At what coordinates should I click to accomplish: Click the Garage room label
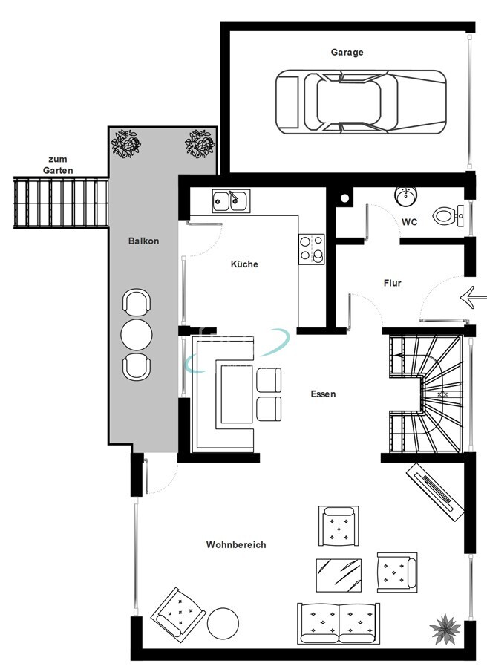(x=347, y=52)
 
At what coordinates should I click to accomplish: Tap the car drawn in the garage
(x=361, y=102)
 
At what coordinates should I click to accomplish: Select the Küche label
(x=244, y=264)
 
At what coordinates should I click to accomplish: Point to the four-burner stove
(x=312, y=249)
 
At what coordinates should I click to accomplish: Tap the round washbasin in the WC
(x=405, y=195)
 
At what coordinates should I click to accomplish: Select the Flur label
(x=392, y=283)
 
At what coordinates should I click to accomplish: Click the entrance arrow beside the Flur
(x=474, y=296)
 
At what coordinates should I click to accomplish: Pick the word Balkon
(x=143, y=241)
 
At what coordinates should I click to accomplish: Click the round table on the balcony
(x=137, y=335)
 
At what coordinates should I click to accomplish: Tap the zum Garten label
(x=58, y=165)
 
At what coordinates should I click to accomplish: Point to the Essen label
(x=323, y=394)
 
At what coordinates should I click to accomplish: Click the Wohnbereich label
(x=236, y=545)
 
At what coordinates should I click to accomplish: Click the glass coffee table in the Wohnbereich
(x=339, y=575)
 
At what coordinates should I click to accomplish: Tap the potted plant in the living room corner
(x=445, y=629)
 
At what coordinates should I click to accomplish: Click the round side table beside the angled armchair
(x=223, y=623)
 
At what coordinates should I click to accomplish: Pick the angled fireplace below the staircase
(x=435, y=491)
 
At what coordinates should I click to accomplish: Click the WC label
(x=409, y=222)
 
